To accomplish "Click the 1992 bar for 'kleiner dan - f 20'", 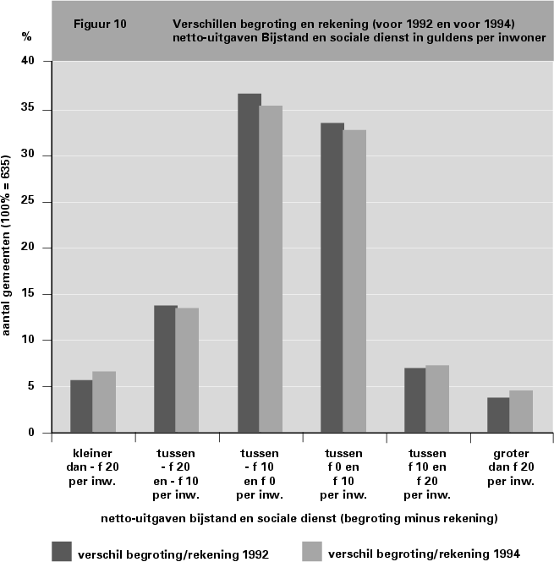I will point(81,406).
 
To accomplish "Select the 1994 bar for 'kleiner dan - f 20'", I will point(103,402).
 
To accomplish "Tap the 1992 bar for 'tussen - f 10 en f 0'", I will point(249,263).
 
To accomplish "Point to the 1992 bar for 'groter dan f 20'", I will point(498,415).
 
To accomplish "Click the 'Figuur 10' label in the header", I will point(101,24).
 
